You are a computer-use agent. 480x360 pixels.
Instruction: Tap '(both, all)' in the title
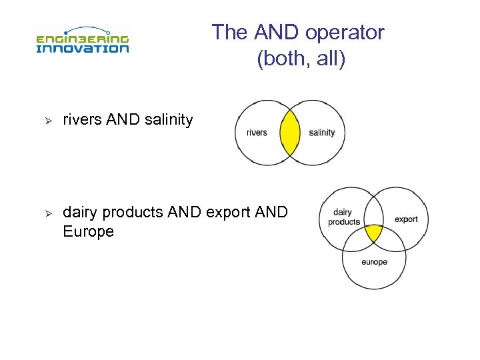coord(301,59)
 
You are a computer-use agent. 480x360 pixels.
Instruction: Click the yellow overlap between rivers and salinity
coord(290,132)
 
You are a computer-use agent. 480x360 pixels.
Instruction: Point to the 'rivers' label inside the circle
coord(257,133)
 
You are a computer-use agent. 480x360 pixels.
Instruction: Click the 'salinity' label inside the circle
coord(322,133)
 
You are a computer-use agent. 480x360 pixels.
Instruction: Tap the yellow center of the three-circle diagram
coord(374,233)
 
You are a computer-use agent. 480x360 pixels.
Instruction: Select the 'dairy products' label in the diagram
coord(344,217)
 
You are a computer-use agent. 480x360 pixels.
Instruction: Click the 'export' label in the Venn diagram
coord(406,219)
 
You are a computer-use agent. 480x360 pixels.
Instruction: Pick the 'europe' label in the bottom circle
coord(374,262)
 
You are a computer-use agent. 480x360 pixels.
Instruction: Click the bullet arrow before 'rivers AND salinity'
coord(47,121)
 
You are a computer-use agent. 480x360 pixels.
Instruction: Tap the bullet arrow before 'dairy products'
coord(47,213)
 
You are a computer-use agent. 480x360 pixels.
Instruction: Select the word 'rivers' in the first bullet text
coord(82,120)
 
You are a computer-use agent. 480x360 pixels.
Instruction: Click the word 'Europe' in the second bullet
coord(88,232)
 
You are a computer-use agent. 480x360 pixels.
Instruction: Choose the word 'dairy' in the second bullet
coord(79,213)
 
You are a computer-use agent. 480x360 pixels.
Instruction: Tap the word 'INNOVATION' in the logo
coord(82,48)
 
